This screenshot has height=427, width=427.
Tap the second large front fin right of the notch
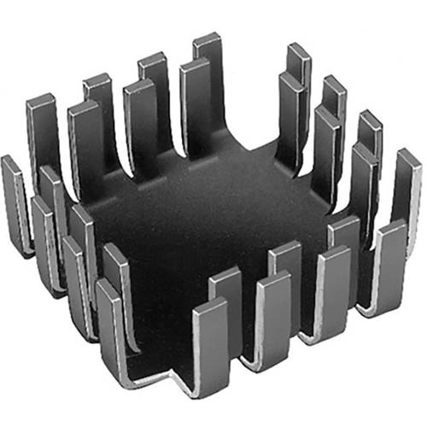[273, 316]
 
